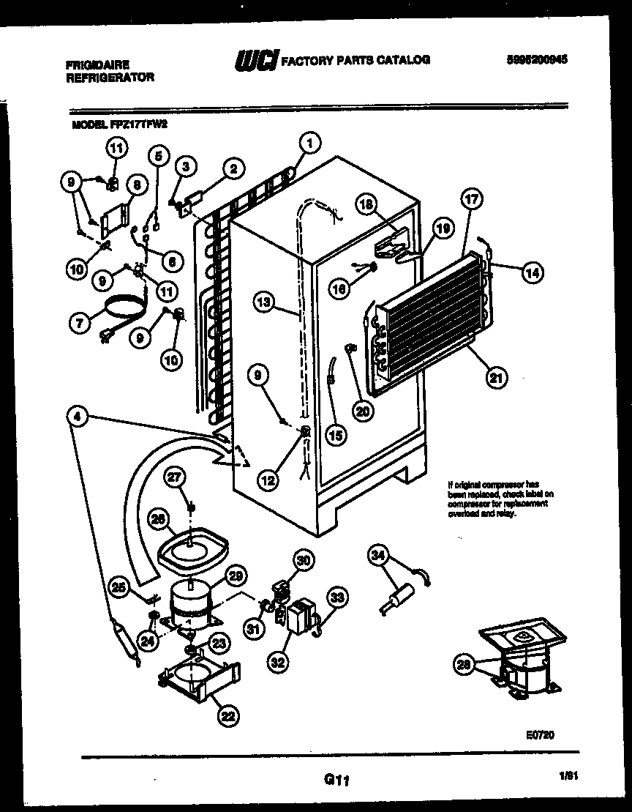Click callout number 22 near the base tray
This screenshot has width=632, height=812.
coord(228,717)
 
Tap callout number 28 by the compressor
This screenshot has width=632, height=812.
coord(462,665)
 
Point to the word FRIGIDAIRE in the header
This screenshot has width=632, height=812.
coord(93,64)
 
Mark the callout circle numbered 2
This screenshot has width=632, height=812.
coord(233,170)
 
